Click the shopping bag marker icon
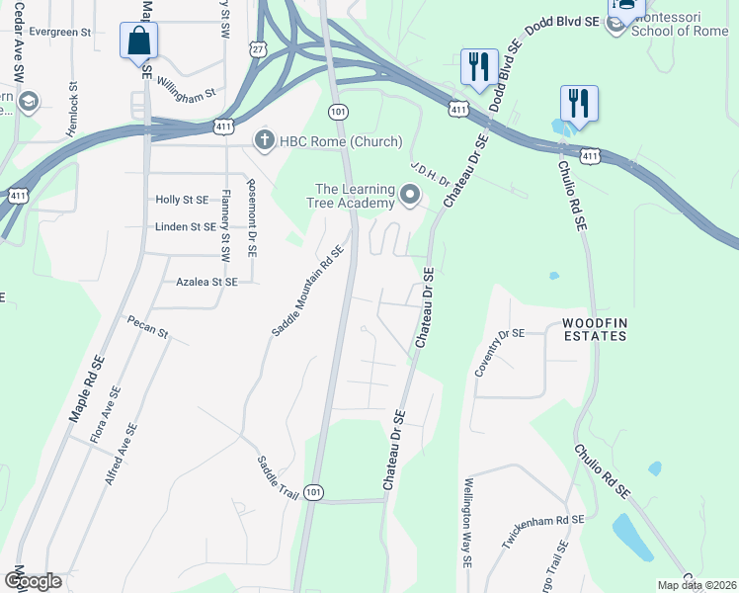(x=139, y=42)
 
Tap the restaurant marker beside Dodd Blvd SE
(x=479, y=67)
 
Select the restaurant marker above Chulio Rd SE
(x=578, y=103)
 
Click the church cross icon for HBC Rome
(x=264, y=140)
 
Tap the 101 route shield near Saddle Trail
(x=313, y=492)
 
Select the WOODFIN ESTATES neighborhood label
(x=595, y=330)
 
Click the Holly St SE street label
(x=182, y=200)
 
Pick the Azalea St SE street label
(x=206, y=282)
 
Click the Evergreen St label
(x=59, y=32)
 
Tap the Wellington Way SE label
(x=466, y=524)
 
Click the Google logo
(x=33, y=580)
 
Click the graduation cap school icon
(x=28, y=102)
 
